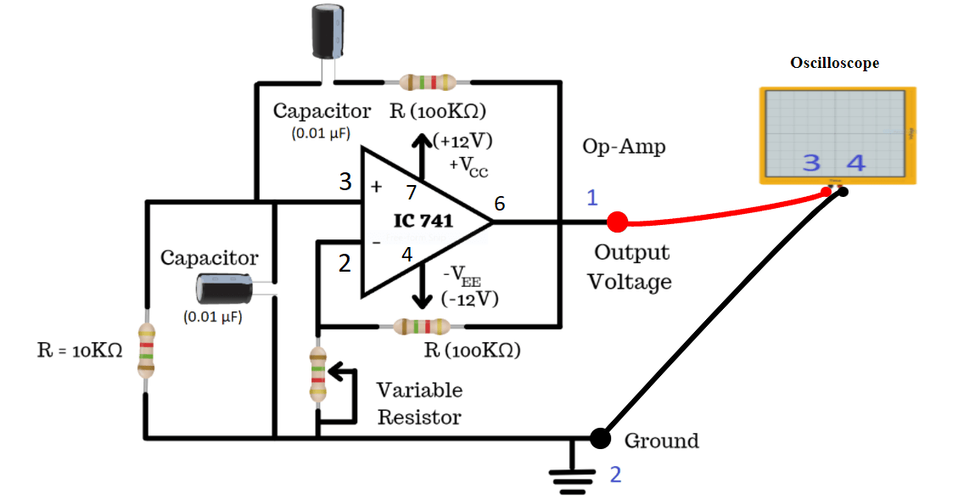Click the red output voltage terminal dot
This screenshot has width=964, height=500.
[618, 222]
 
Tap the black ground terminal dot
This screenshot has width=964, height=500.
[600, 438]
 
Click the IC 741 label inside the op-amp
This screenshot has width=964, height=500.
[423, 221]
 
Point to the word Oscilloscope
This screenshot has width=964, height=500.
[834, 63]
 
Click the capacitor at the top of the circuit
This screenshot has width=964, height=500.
[328, 31]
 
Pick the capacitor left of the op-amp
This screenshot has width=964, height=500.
[222, 289]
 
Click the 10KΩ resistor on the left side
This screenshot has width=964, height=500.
[147, 351]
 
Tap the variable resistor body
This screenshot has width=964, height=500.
[318, 374]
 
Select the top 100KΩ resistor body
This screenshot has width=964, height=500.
[428, 82]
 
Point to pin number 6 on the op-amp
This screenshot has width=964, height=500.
[500, 204]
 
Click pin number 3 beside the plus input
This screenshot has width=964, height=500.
[345, 181]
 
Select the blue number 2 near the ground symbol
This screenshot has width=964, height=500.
[615, 475]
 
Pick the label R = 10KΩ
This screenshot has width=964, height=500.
[80, 351]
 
